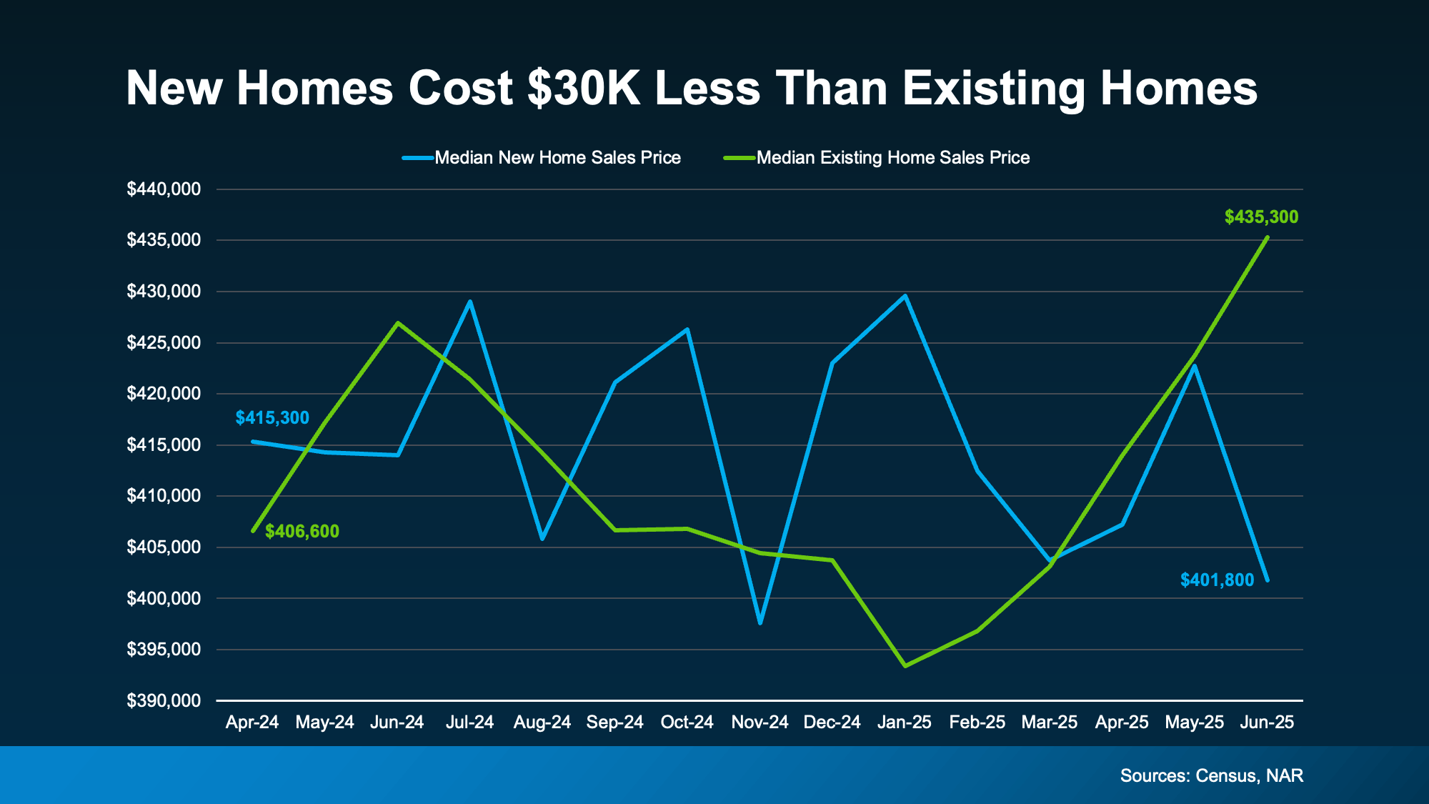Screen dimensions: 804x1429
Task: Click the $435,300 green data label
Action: click(x=1261, y=217)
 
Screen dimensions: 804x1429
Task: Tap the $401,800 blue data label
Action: click(x=1217, y=580)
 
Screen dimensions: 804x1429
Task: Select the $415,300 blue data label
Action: click(x=272, y=418)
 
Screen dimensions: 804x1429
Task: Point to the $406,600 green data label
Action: click(x=302, y=532)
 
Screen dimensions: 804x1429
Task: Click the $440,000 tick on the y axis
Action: click(x=164, y=189)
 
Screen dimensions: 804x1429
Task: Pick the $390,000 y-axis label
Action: click(x=164, y=701)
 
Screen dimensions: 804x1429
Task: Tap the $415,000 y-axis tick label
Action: click(x=164, y=445)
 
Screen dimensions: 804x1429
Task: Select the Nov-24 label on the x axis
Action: click(x=760, y=723)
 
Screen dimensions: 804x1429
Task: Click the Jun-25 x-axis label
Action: click(x=1267, y=723)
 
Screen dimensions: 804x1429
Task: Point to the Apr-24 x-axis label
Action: click(x=252, y=723)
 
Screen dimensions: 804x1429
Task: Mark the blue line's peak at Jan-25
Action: click(x=905, y=296)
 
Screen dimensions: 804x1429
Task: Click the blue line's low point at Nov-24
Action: click(x=760, y=623)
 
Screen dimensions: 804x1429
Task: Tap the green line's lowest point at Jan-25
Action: click(x=905, y=666)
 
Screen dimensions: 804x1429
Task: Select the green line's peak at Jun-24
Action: click(x=398, y=323)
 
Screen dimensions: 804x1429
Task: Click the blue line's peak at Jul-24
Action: click(x=470, y=302)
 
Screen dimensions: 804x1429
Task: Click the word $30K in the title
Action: click(x=584, y=89)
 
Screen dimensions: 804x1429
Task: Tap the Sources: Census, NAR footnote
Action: click(x=1211, y=776)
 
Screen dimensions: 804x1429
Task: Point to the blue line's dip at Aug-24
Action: click(x=542, y=539)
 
